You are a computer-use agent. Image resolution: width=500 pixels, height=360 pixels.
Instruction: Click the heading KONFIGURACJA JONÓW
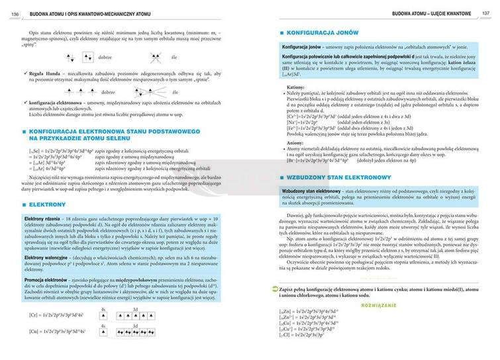321,33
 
